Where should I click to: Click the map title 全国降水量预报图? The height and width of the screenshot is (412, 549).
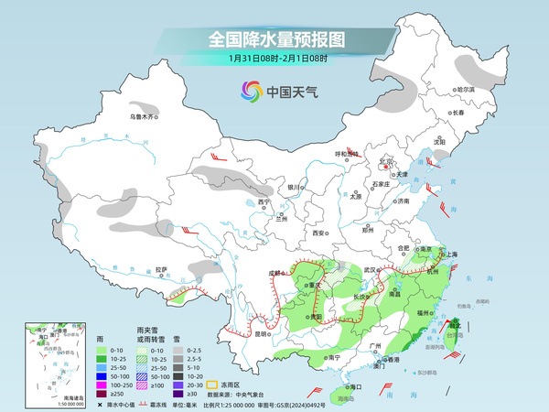pos(274,39)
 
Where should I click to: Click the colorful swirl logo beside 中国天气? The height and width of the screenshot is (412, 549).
pos(250,91)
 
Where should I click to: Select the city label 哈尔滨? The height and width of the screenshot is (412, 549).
pos(466,90)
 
